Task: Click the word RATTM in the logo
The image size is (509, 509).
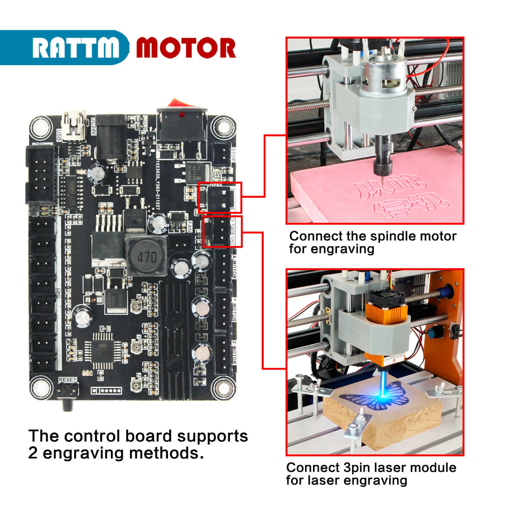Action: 75,48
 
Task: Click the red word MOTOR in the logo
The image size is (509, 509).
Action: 186,48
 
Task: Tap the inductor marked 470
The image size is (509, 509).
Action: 147,256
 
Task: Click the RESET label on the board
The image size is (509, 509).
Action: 67,380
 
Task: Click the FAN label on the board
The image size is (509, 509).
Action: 189,227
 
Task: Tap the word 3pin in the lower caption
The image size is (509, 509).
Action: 356,468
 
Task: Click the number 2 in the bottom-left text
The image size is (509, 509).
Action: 33,453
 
